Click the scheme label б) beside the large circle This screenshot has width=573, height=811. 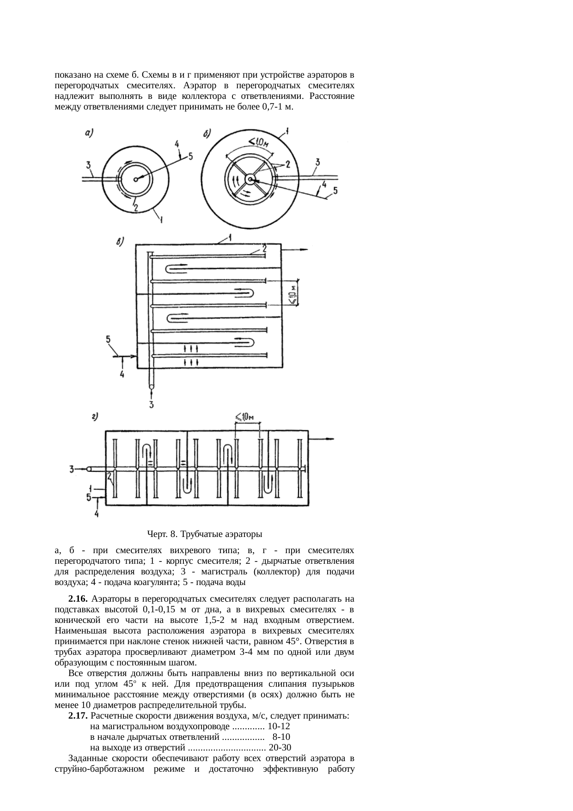pyautogui.click(x=207, y=134)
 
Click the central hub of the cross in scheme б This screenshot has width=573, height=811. pyautogui.click(x=250, y=179)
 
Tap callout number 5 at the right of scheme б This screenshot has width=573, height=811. pyautogui.click(x=335, y=190)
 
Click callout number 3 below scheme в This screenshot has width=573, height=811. pyautogui.click(x=152, y=405)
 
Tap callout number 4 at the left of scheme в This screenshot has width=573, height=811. pyautogui.click(x=122, y=374)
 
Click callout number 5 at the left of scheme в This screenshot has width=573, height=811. pyautogui.click(x=108, y=340)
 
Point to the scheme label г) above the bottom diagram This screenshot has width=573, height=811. pyautogui.click(x=95, y=418)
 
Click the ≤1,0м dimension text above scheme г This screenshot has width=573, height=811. pyautogui.click(x=245, y=417)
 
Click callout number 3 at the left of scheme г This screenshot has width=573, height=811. pyautogui.click(x=72, y=470)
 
